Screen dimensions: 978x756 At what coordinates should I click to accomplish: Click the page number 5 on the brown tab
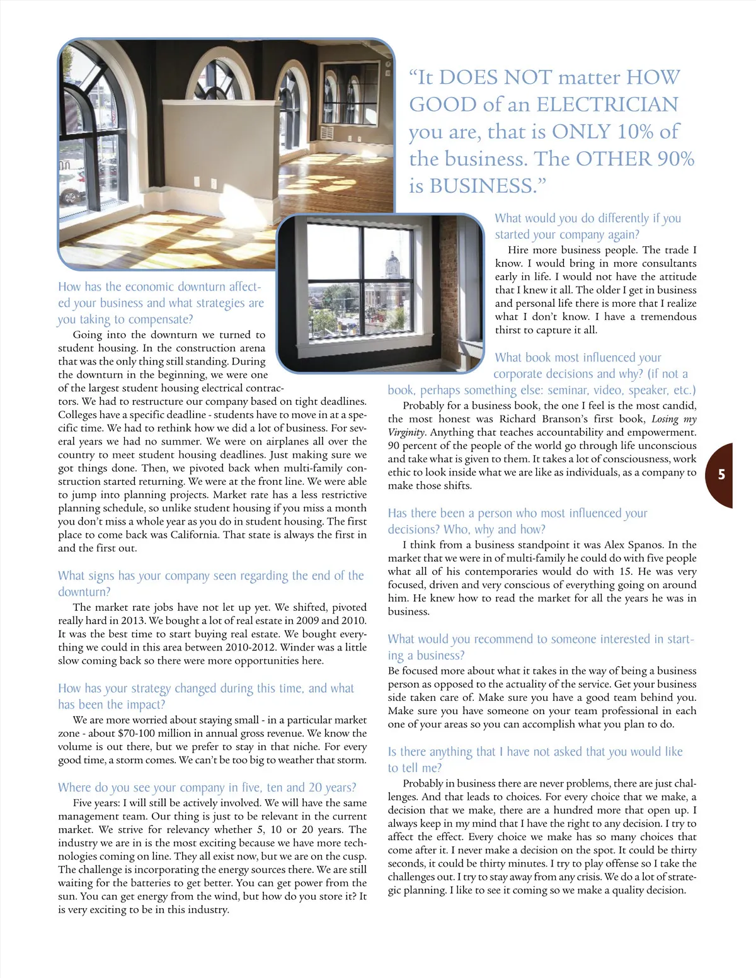[x=721, y=475]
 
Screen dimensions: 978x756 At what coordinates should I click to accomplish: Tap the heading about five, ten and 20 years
[x=207, y=788]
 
